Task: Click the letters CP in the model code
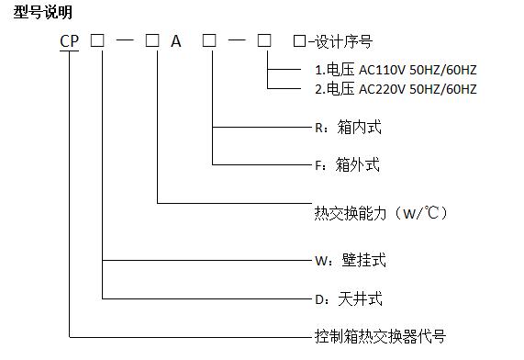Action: pos(69,41)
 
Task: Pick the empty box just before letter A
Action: pos(152,41)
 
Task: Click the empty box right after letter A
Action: pos(210,41)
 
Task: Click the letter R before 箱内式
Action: pos(318,127)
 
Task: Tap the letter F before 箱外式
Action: pos(318,165)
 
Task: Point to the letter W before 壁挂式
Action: pos(319,260)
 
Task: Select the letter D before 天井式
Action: pos(318,298)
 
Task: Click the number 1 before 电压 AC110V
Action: pos(317,70)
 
